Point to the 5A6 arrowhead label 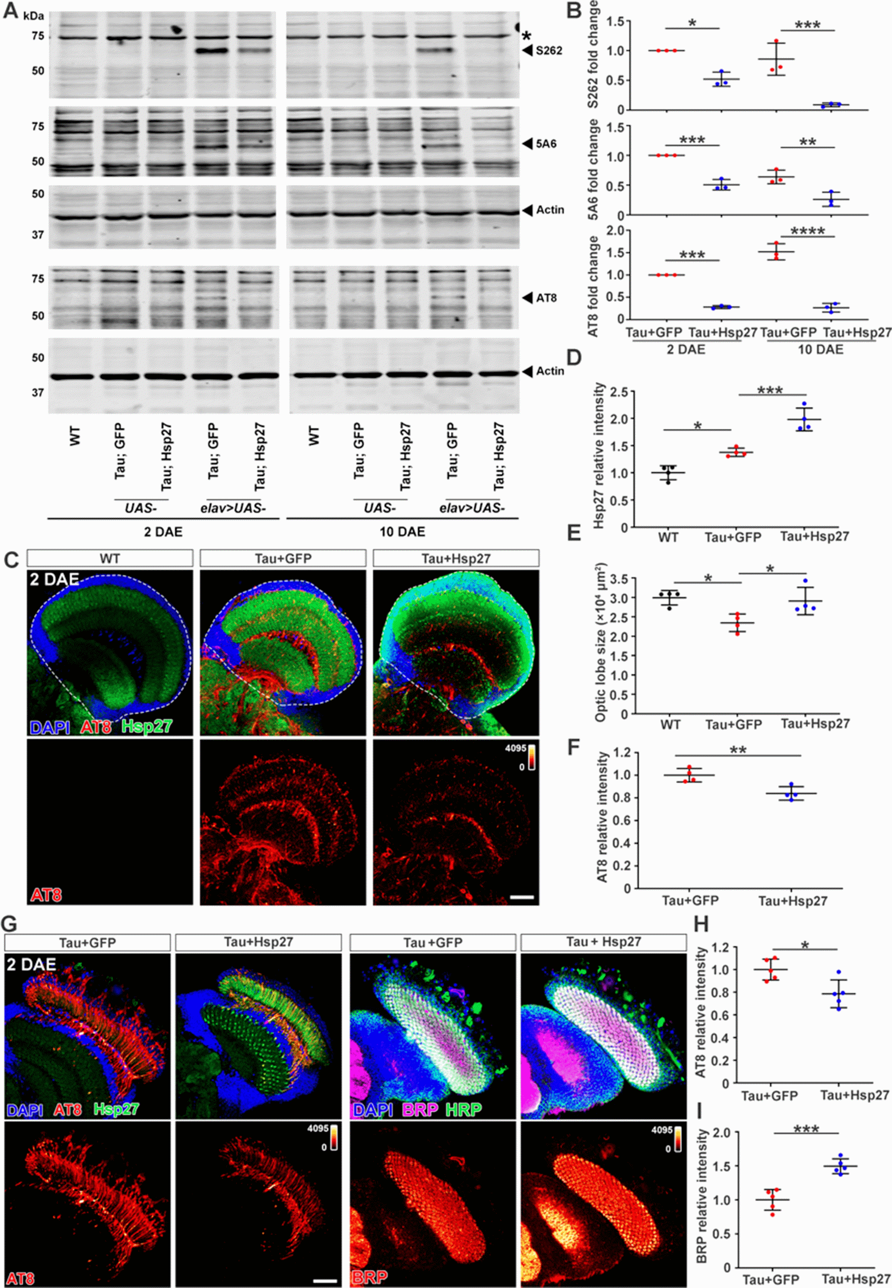point(546,144)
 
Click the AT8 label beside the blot point(546,298)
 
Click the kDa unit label point(34,16)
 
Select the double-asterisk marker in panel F point(738,750)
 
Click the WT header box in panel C point(110,558)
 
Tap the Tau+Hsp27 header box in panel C point(456,558)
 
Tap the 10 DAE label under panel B point(819,350)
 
